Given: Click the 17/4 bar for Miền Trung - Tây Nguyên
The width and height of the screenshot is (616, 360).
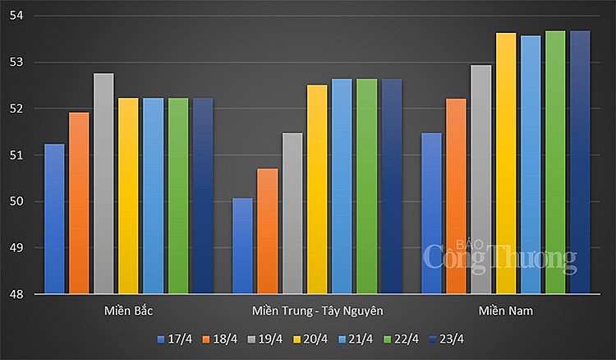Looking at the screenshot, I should pos(242,246).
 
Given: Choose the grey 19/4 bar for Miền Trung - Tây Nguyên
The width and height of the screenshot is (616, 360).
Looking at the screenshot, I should pos(292,213).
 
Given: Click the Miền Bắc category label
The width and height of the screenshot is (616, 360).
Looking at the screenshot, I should pos(128,311).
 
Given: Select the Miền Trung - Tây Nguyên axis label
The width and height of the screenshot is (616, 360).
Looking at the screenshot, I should pos(317,311).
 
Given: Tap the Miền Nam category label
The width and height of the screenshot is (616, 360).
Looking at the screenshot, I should pos(505,311).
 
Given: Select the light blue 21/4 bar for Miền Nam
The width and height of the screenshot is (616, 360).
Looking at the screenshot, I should pos(531,164).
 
